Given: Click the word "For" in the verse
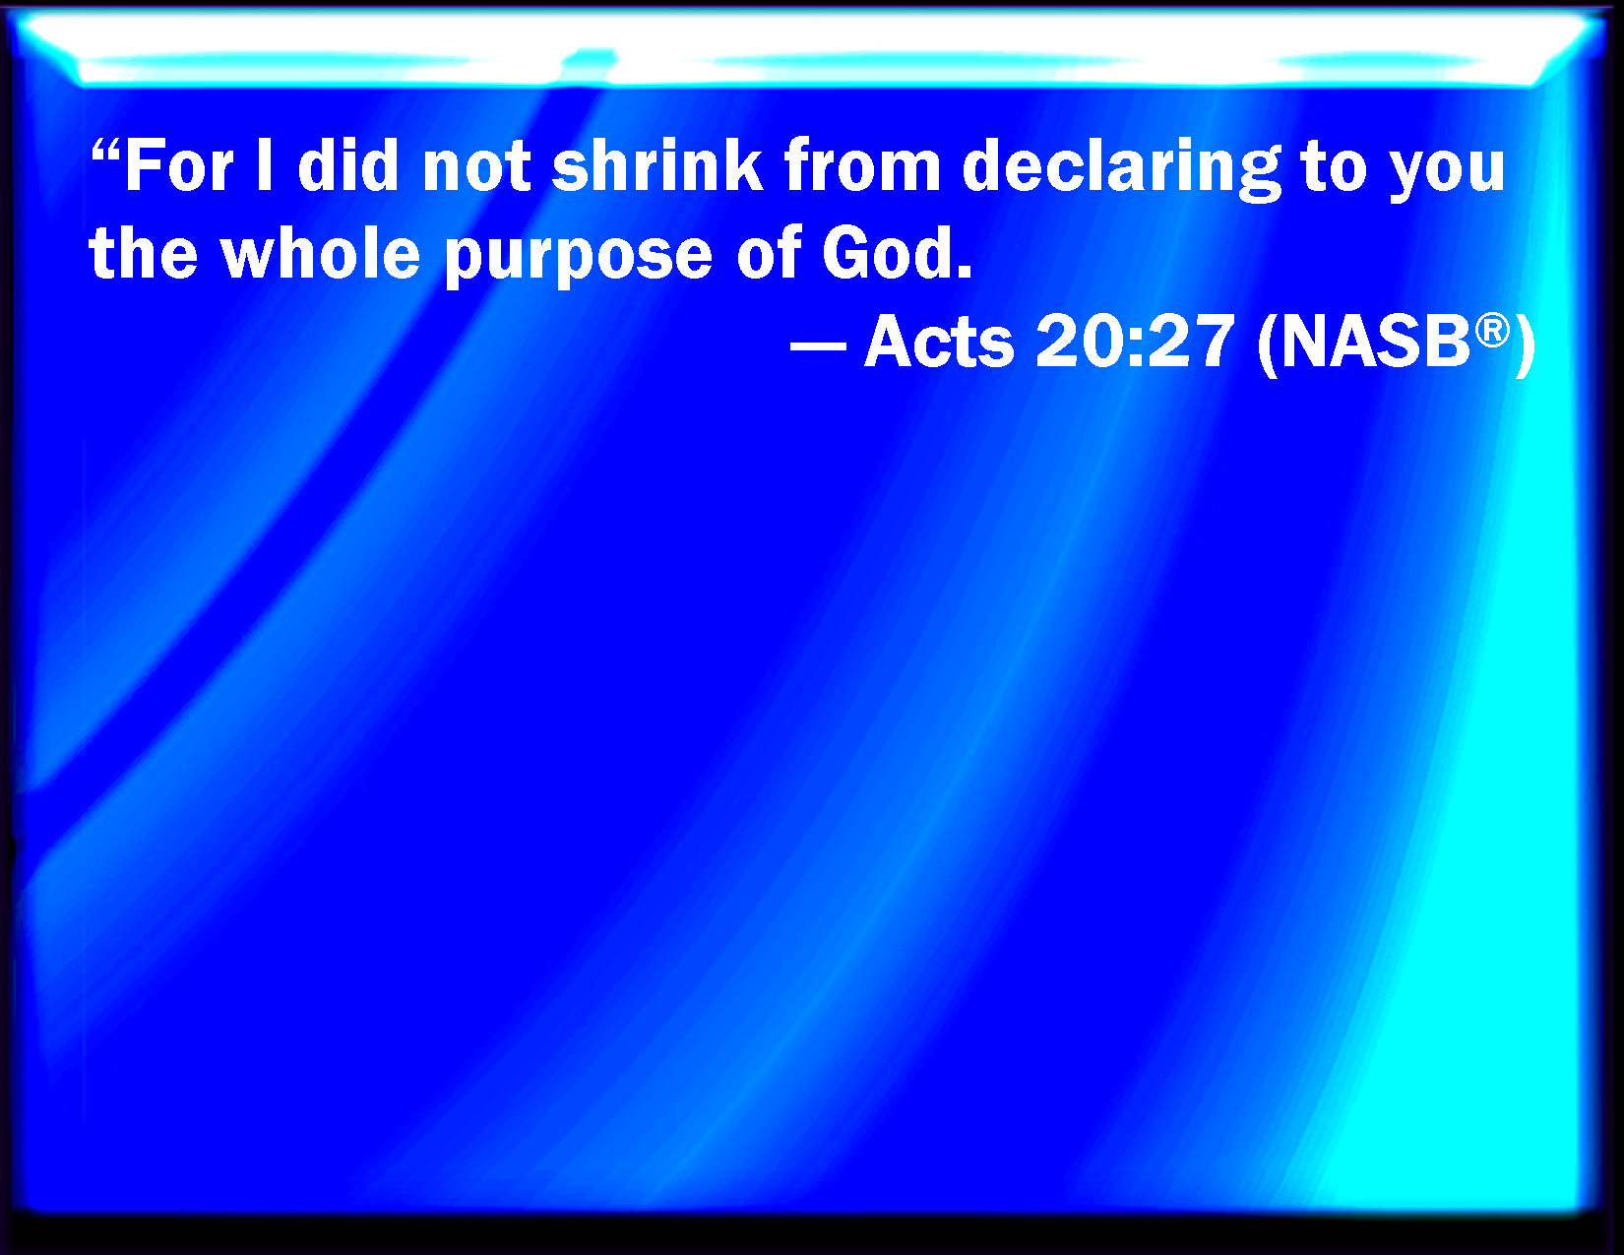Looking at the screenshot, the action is [x=180, y=165].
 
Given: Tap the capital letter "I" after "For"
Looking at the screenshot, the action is [x=264, y=165].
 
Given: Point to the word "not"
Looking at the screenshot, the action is [x=476, y=169].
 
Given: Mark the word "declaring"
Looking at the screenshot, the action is [x=1121, y=169].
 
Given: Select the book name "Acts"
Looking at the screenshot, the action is [x=939, y=341].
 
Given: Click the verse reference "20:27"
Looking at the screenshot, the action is [x=1135, y=341].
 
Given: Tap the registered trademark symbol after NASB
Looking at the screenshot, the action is [x=1493, y=331].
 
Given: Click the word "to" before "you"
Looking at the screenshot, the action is [x=1334, y=169].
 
